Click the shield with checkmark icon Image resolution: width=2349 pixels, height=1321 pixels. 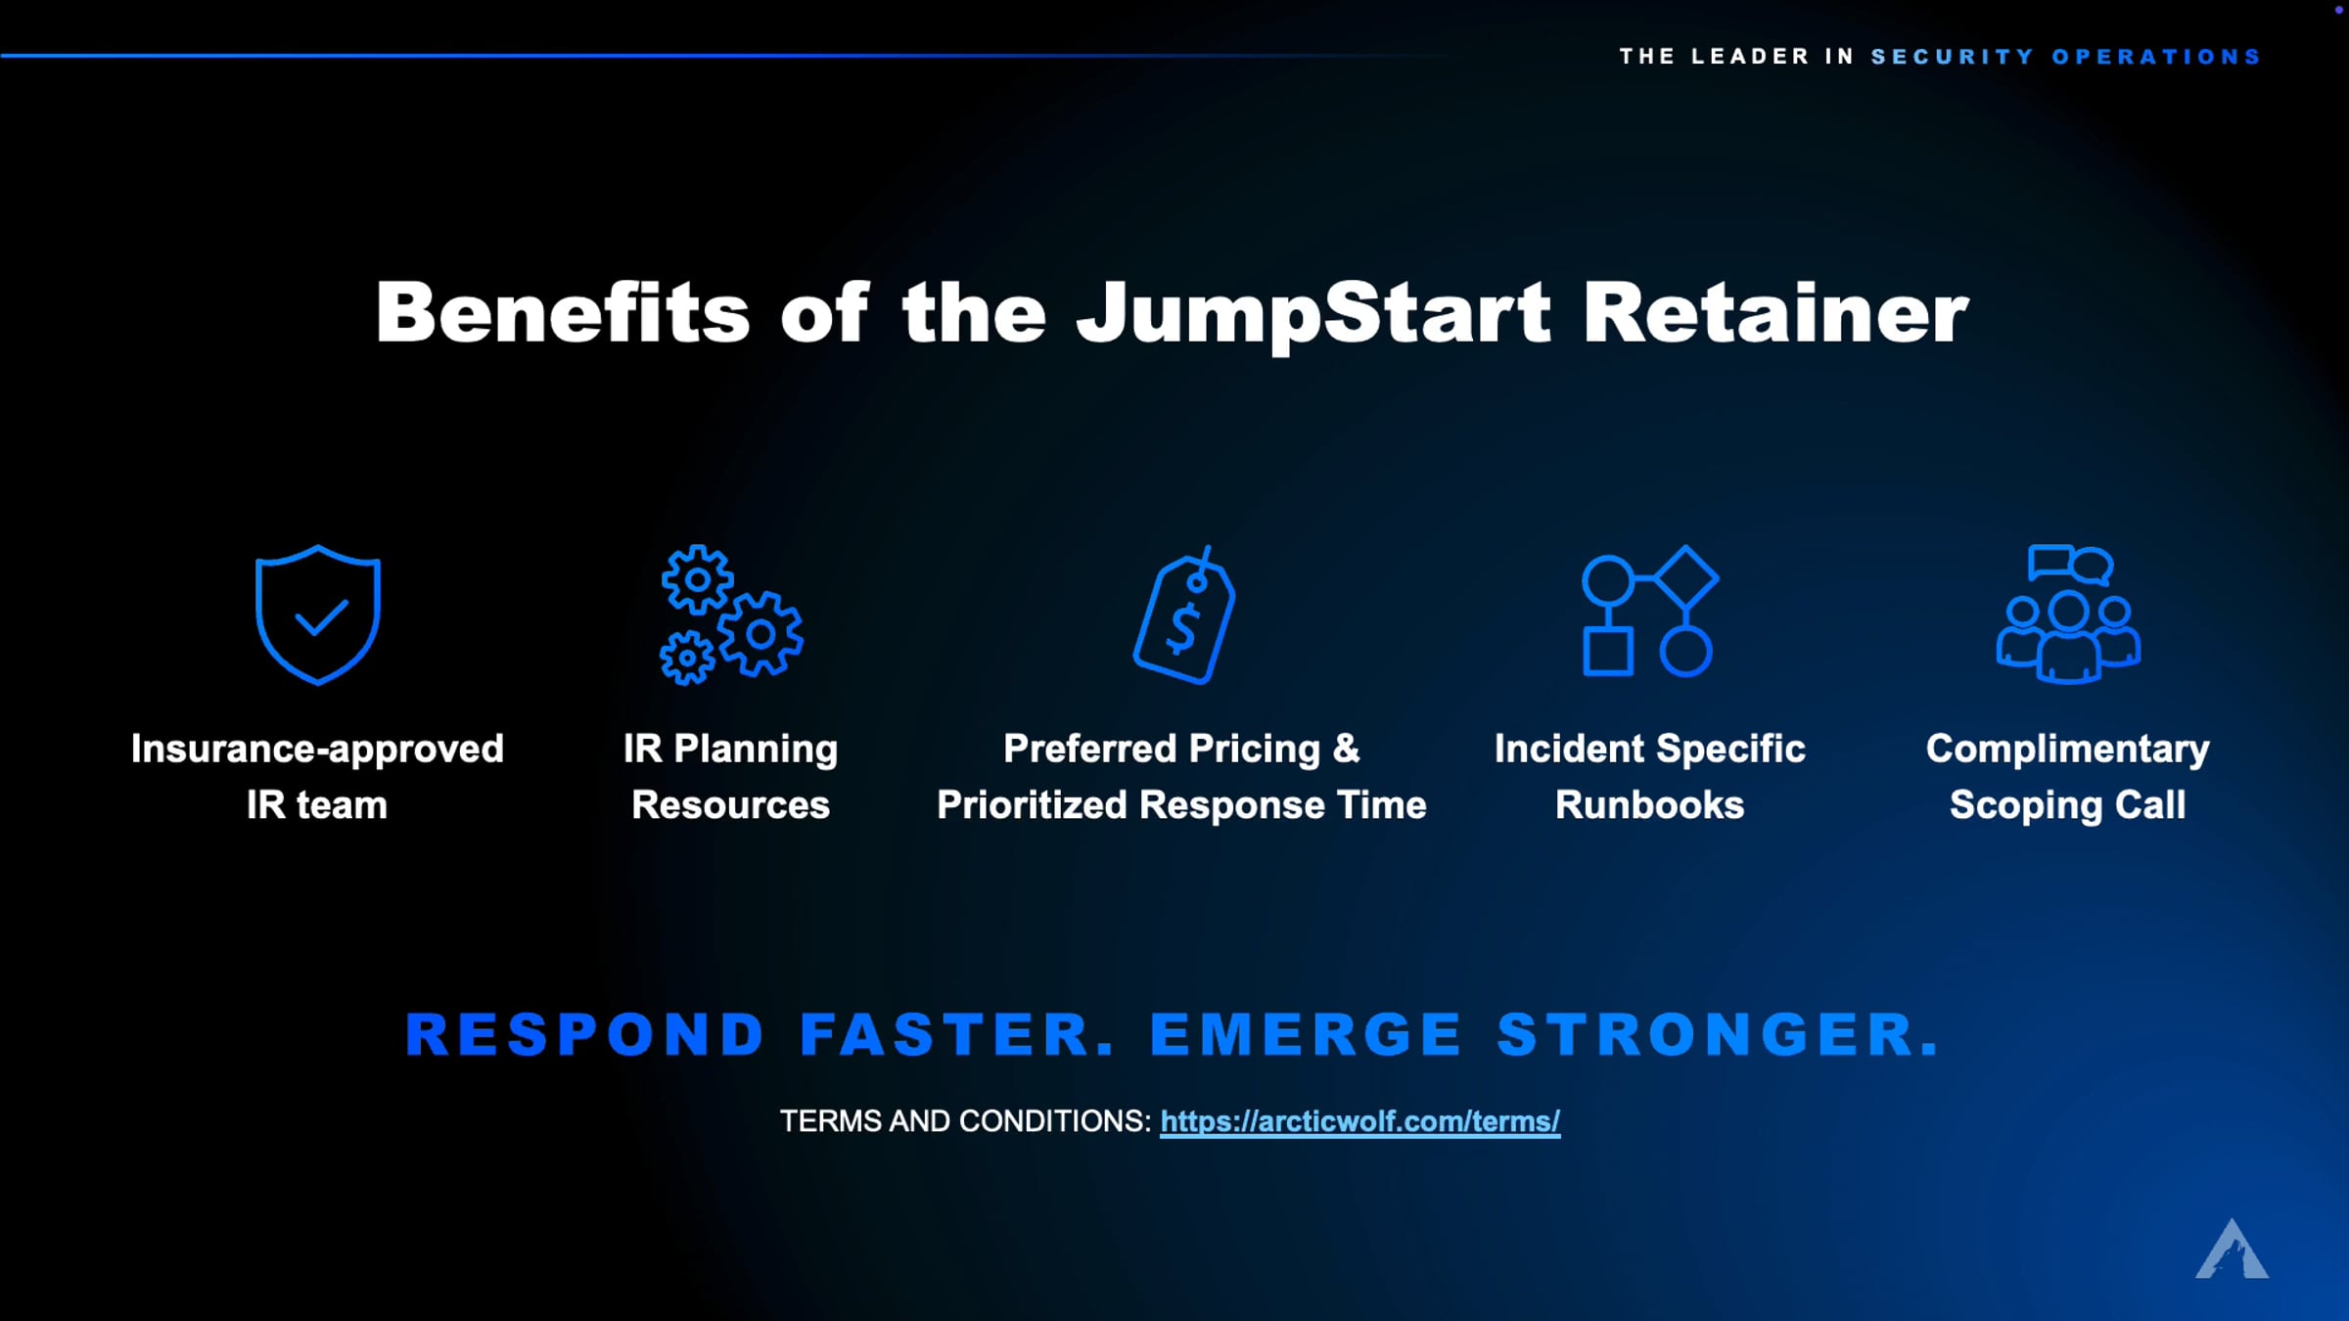(x=318, y=615)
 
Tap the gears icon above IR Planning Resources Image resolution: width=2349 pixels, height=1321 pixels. (x=731, y=615)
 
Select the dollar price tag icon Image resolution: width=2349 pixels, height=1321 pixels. (x=1184, y=615)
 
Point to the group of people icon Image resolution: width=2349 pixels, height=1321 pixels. (x=2068, y=614)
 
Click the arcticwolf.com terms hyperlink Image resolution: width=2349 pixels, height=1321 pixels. (x=1359, y=1121)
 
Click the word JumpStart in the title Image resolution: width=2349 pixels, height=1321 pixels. (x=1313, y=314)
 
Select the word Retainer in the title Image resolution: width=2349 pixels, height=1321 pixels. (x=1775, y=313)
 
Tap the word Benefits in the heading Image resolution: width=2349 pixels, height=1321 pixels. (x=563, y=312)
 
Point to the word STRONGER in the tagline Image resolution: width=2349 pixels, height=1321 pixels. (x=1718, y=1034)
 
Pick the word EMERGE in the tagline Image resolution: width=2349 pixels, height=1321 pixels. (x=1306, y=1034)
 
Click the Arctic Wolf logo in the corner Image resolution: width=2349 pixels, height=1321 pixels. (x=2232, y=1250)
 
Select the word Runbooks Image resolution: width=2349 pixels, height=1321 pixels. (x=1650, y=805)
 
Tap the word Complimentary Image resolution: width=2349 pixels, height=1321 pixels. (x=2068, y=750)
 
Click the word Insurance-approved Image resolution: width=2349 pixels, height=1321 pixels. (x=317, y=750)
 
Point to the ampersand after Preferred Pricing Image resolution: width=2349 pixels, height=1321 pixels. (x=1347, y=749)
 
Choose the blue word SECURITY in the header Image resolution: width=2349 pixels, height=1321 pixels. (x=1953, y=57)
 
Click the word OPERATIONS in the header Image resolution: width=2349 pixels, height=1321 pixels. (x=2156, y=57)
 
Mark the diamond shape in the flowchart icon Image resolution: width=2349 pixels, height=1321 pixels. (x=1685, y=578)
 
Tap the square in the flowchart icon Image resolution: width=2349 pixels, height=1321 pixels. (x=1608, y=652)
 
